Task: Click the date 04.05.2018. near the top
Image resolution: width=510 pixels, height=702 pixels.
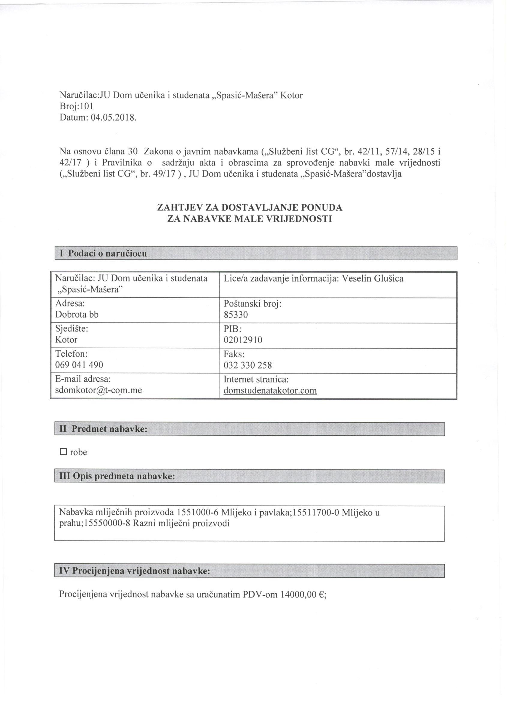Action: click(x=114, y=118)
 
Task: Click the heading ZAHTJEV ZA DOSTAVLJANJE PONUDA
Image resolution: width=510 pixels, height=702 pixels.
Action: click(x=250, y=207)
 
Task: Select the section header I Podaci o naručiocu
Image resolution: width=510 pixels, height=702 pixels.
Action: click(x=103, y=253)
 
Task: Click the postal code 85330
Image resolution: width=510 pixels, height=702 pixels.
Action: click(x=236, y=315)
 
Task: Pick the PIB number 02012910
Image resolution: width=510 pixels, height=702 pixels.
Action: click(x=243, y=340)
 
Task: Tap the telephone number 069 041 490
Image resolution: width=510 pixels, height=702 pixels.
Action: click(x=79, y=365)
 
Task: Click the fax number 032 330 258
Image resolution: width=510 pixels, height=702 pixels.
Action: click(x=247, y=365)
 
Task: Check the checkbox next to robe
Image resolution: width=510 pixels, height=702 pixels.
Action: click(x=63, y=452)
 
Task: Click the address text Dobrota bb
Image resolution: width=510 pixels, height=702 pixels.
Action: click(x=77, y=314)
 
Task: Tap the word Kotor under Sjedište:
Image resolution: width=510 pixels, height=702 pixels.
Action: click(x=66, y=340)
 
